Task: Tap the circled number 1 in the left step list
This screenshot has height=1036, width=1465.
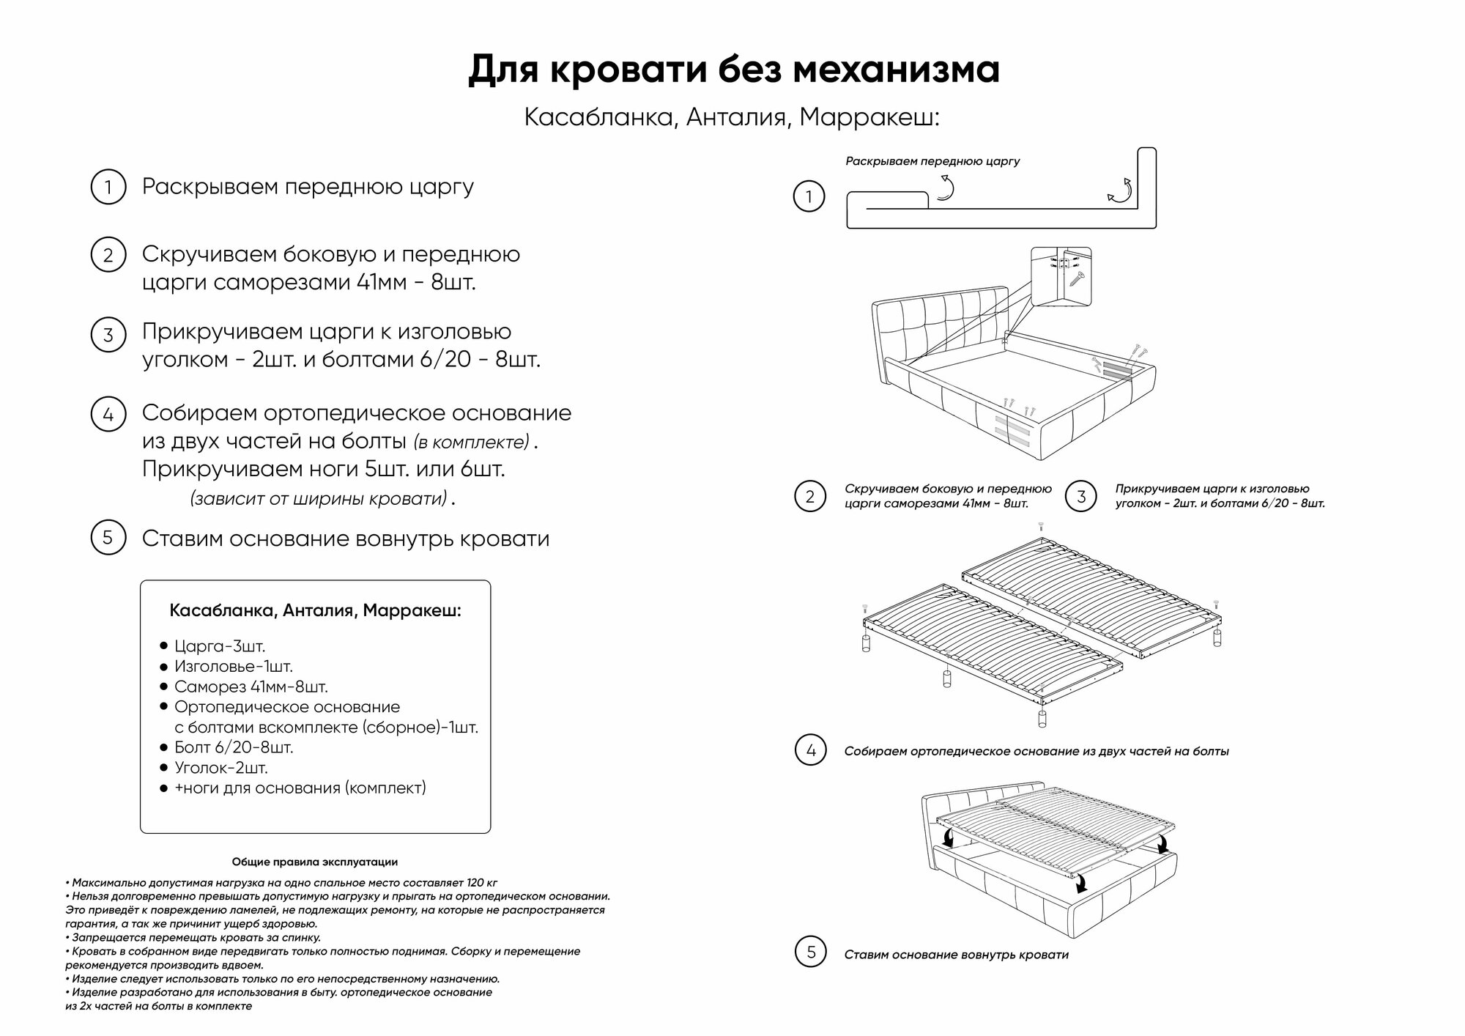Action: (108, 187)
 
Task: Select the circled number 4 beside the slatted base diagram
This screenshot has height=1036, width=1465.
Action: (810, 750)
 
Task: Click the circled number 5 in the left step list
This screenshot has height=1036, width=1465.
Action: (108, 538)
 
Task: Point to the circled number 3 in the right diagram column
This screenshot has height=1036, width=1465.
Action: (1081, 497)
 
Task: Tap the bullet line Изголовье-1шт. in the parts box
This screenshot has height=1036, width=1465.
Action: (233, 667)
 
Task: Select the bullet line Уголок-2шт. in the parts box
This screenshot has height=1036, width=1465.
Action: (220, 768)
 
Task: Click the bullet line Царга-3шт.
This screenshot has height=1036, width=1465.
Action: (219, 646)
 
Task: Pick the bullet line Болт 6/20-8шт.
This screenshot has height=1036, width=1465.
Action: (233, 747)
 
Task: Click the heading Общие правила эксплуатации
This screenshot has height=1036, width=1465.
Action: (315, 862)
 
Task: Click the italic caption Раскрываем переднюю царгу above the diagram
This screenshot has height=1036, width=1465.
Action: (932, 161)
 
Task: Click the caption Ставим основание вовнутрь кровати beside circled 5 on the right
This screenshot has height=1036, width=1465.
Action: (956, 955)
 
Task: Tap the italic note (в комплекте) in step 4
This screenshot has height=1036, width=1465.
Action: (471, 443)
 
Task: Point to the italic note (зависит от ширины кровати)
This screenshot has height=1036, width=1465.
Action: (319, 499)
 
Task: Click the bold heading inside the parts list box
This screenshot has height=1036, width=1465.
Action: (315, 610)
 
